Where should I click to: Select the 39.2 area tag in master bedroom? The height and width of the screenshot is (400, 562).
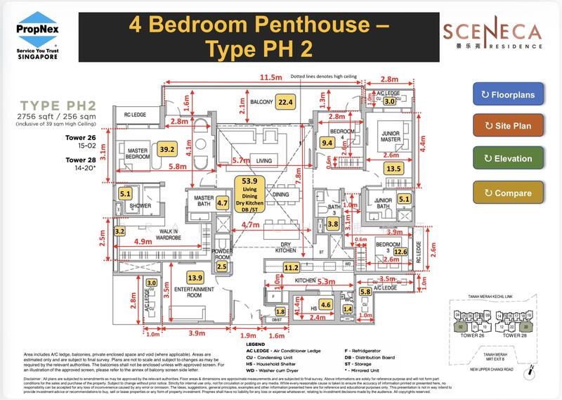pos(167,149)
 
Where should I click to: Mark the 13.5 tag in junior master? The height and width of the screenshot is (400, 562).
pos(393,168)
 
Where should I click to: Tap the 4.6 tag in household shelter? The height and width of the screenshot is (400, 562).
pos(325,305)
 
